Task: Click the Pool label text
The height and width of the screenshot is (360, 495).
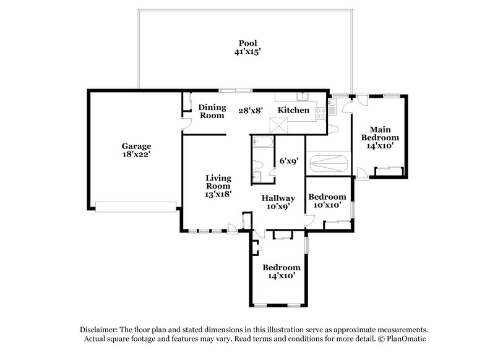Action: click(x=247, y=43)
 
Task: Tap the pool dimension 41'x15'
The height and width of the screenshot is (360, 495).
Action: click(x=247, y=53)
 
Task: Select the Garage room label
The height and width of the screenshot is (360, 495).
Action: click(x=136, y=147)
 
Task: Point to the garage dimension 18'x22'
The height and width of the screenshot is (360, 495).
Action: click(x=136, y=156)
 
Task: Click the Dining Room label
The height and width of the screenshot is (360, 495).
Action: click(x=212, y=111)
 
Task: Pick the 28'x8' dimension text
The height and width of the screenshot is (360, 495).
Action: click(x=251, y=110)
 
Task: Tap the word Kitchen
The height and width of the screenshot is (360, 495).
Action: click(x=293, y=110)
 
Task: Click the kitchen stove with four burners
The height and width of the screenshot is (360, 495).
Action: click(x=321, y=113)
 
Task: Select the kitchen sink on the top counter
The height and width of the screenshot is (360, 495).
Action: click(x=303, y=96)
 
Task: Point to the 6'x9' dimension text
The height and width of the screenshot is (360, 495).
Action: click(x=289, y=161)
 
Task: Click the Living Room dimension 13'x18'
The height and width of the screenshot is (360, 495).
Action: click(x=218, y=194)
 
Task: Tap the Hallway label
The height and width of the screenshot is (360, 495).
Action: click(x=278, y=199)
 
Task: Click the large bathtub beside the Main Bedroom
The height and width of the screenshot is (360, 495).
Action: click(x=328, y=165)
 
